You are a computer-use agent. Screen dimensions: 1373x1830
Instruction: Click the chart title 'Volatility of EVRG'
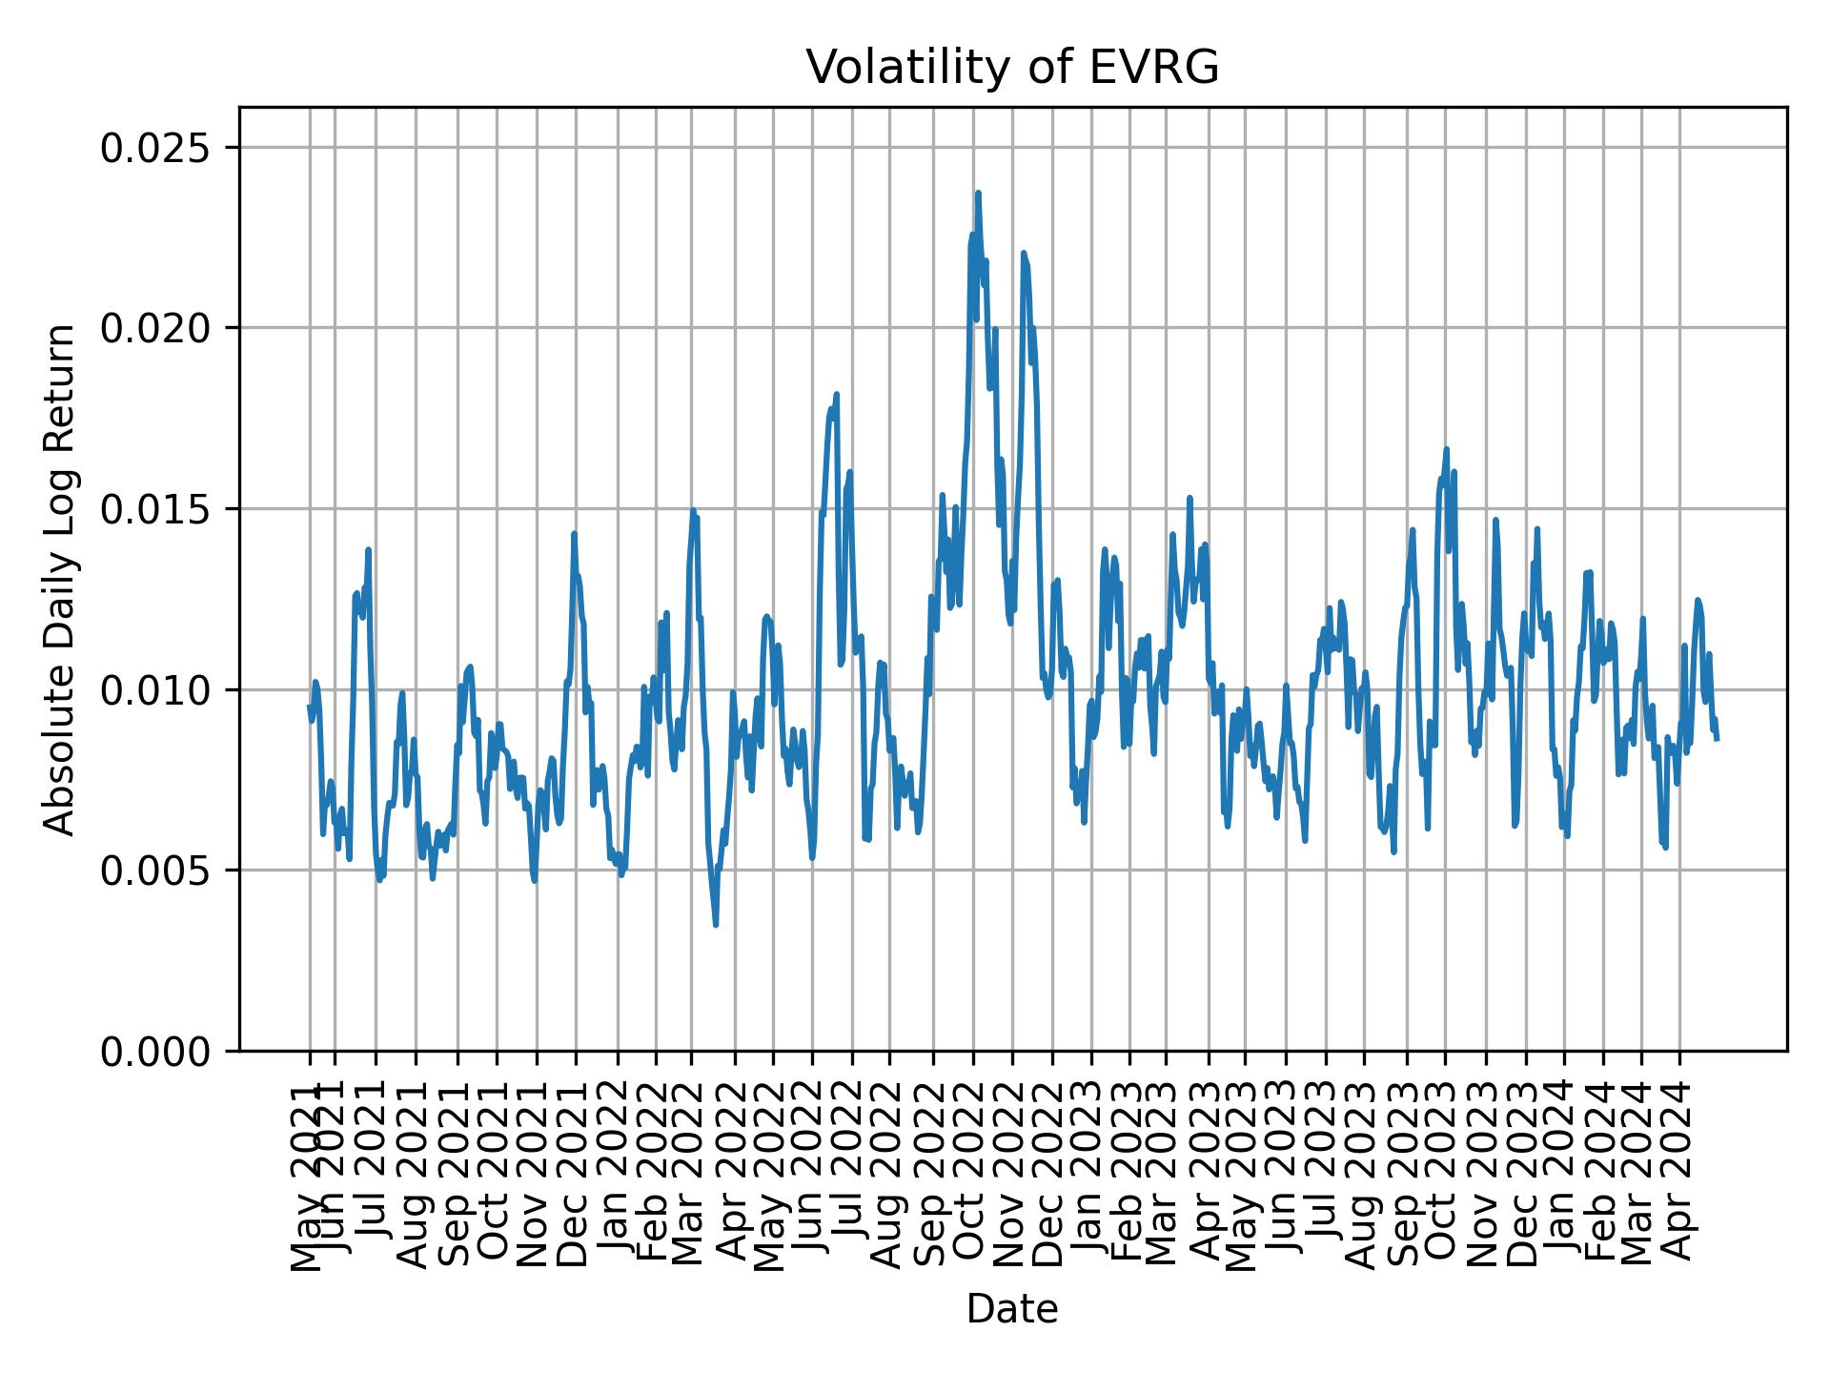[x=1012, y=68]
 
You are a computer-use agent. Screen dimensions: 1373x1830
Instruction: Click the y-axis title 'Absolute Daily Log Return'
[x=61, y=579]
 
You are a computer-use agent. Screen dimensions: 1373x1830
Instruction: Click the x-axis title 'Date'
[x=1012, y=1309]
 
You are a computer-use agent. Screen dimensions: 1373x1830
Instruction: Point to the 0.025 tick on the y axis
[x=156, y=148]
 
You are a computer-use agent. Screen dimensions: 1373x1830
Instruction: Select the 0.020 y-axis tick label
[x=156, y=328]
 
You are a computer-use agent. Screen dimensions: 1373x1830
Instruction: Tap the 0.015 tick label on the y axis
[x=156, y=509]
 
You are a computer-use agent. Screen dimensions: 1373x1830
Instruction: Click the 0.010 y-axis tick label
[x=156, y=689]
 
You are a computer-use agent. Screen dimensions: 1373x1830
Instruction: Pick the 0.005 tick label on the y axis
[x=156, y=871]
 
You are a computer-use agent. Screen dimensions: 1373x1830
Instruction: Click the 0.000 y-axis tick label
[x=156, y=1051]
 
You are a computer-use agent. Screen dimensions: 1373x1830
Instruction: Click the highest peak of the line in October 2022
[x=978, y=193]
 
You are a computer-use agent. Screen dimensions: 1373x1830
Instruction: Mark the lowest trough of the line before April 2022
[x=715, y=924]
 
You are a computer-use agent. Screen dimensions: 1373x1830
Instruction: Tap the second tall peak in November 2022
[x=1023, y=253]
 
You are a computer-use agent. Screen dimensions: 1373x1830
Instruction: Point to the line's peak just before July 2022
[x=836, y=394]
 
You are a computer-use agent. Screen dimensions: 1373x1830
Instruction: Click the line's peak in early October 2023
[x=1446, y=449]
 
